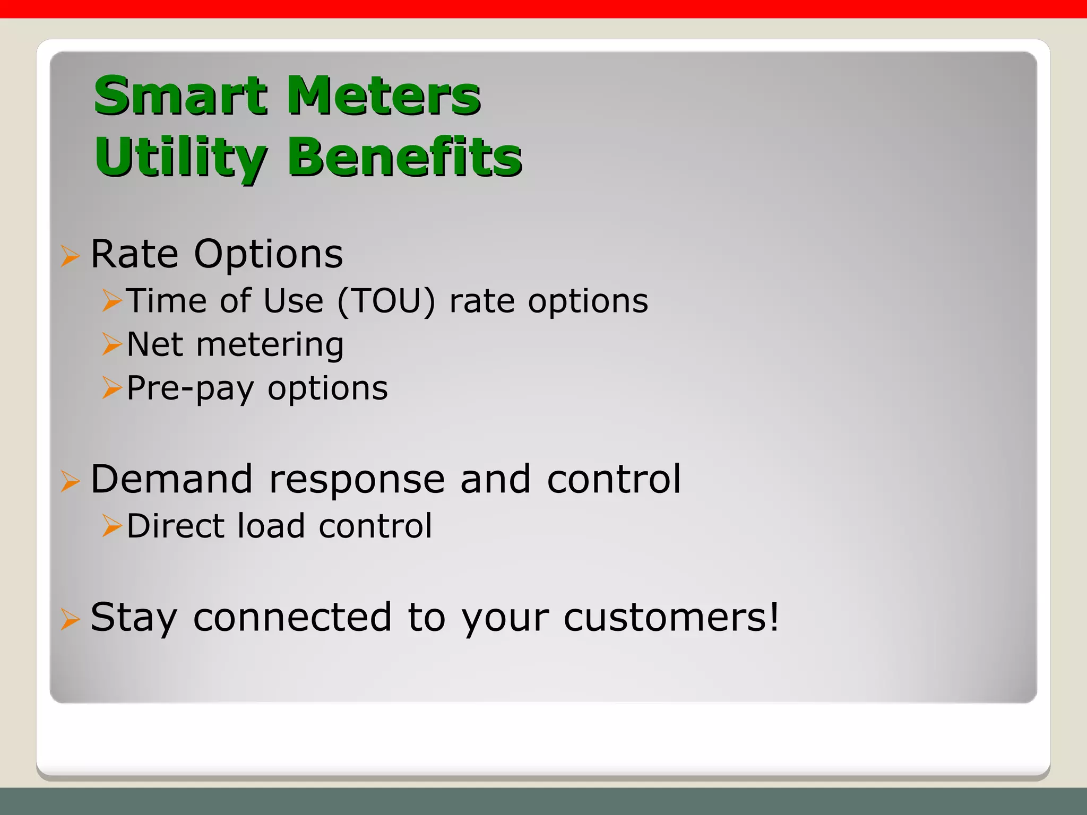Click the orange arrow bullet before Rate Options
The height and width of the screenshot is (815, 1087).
[x=70, y=256]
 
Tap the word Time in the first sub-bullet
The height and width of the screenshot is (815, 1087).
[x=167, y=301]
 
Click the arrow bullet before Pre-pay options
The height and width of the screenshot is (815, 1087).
[x=112, y=388]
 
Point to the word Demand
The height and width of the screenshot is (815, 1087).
[x=171, y=479]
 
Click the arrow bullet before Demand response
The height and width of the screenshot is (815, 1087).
[x=70, y=482]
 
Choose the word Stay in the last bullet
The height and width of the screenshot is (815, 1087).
[x=133, y=618]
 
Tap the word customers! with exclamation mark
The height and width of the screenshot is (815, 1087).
[x=671, y=618]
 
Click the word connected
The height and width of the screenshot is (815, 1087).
[x=292, y=618]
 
